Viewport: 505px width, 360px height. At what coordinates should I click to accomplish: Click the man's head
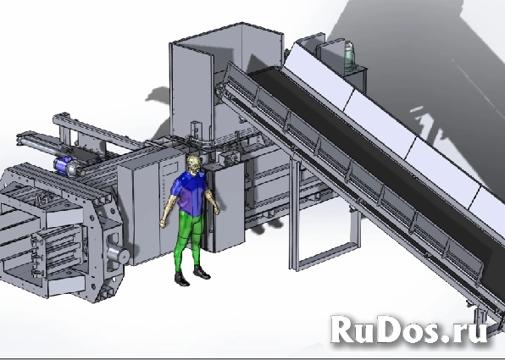click(194, 165)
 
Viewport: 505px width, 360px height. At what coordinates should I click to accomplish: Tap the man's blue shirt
click(188, 192)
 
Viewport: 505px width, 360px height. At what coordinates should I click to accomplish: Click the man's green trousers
click(190, 238)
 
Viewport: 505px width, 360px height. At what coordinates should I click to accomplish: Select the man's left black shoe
click(202, 272)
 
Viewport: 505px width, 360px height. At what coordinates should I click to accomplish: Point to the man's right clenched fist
click(163, 223)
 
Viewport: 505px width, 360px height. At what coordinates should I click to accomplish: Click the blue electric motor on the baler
click(64, 165)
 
